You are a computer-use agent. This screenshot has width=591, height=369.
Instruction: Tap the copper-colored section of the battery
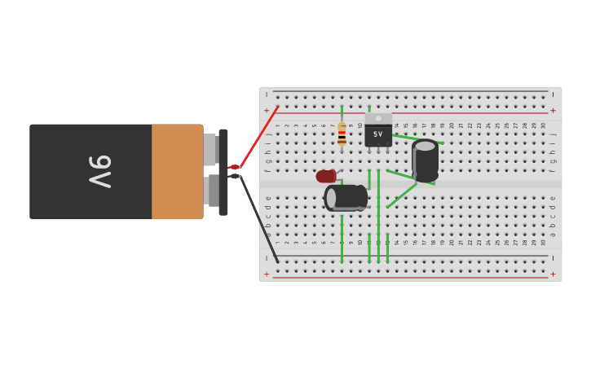[177, 172]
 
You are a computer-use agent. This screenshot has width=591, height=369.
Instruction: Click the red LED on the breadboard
[326, 176]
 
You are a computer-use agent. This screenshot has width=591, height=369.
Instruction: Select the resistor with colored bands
[342, 134]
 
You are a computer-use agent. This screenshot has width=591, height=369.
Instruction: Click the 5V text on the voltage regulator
[377, 134]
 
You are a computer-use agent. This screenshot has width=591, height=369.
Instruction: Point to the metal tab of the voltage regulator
[377, 118]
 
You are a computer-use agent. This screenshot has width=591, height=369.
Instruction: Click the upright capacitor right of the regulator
[425, 160]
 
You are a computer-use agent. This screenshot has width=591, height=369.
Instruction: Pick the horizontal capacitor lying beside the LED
[346, 198]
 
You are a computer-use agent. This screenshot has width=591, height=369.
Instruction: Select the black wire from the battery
[259, 218]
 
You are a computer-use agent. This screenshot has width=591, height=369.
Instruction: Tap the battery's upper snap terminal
[209, 149]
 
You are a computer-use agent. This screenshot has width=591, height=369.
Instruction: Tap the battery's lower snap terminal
[209, 191]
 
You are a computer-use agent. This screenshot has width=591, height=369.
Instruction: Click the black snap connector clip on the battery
[223, 172]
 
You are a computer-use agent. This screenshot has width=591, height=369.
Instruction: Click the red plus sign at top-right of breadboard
[553, 111]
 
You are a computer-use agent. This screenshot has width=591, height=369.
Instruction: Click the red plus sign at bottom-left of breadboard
[266, 274]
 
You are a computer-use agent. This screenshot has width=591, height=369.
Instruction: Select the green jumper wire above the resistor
[342, 112]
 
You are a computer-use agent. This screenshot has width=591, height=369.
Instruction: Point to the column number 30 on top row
[543, 125]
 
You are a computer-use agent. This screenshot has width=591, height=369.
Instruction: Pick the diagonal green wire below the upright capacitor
[402, 195]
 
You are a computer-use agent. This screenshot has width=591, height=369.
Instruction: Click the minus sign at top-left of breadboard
[266, 94]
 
